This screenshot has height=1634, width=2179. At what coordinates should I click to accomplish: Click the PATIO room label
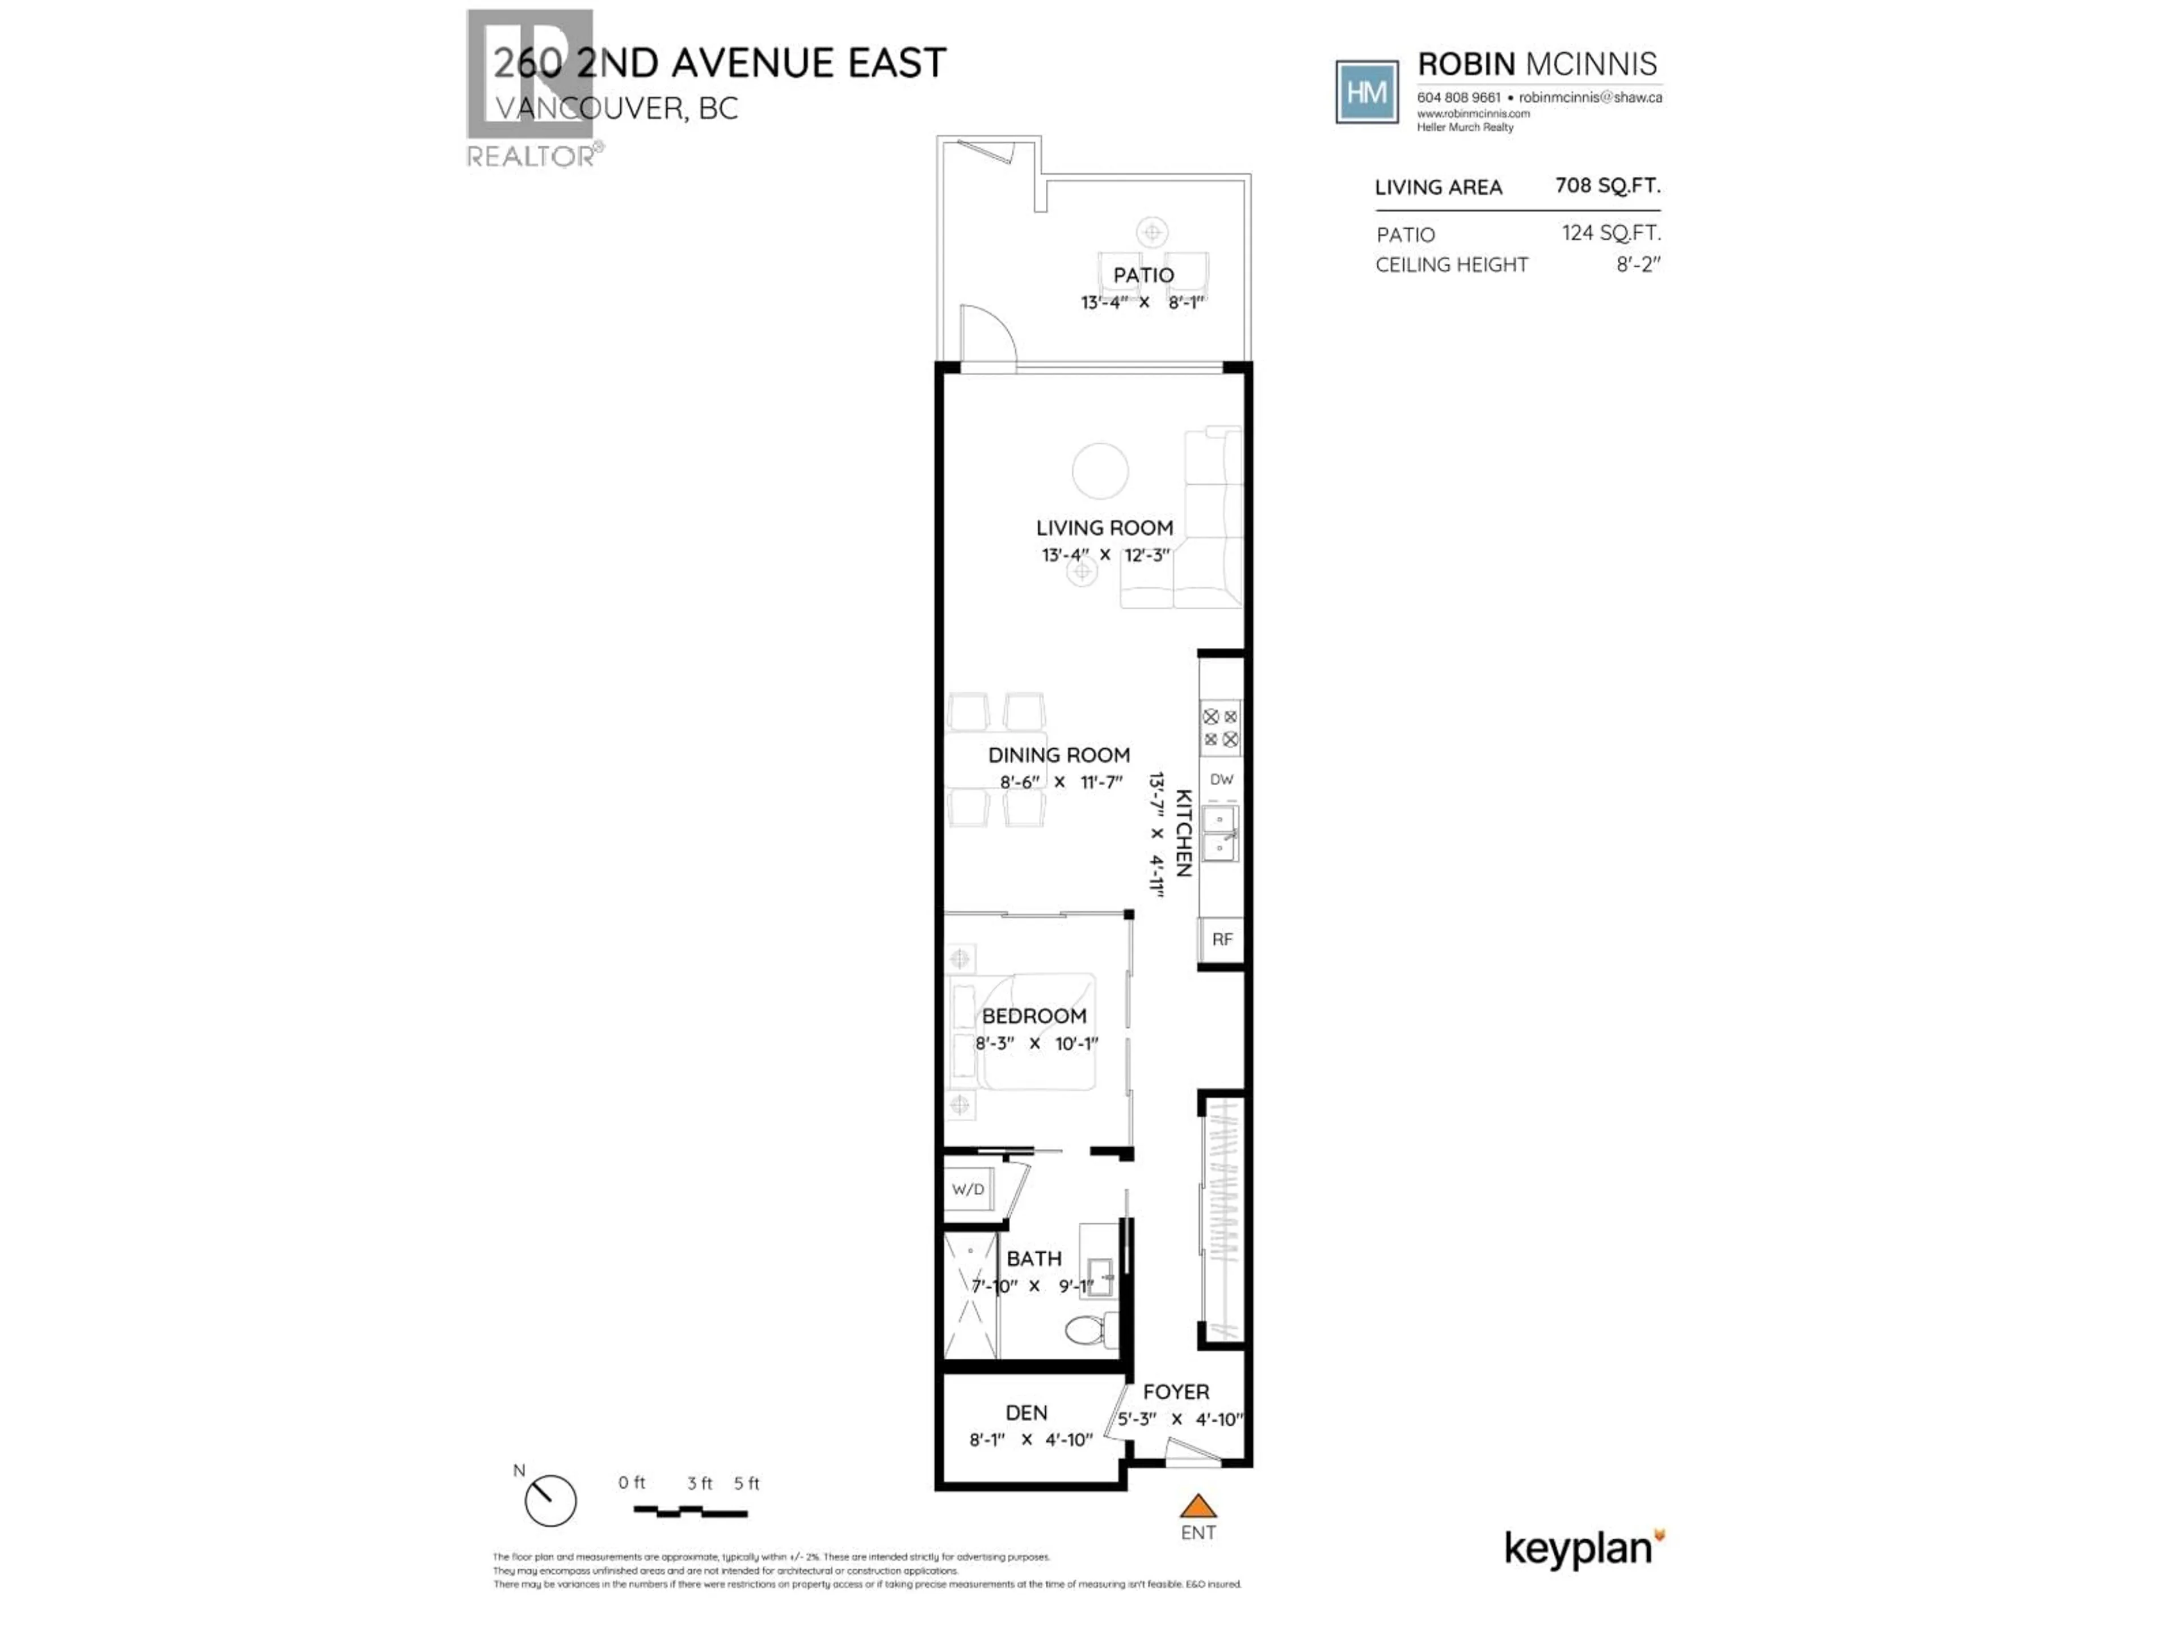1143,275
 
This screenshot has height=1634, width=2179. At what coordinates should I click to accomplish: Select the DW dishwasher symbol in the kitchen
1222,779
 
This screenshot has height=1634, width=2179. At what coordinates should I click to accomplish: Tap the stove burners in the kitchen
1221,728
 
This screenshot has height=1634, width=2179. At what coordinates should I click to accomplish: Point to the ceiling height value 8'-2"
1637,264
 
